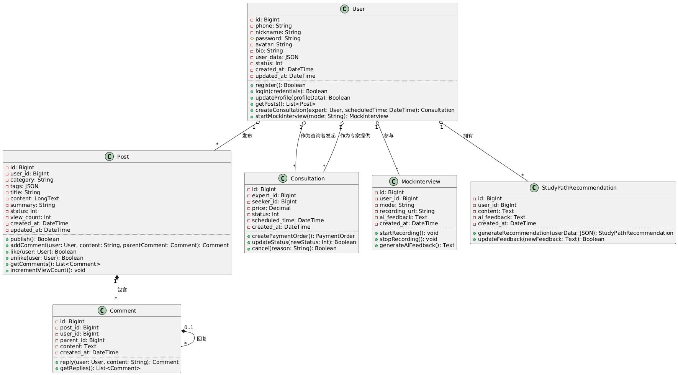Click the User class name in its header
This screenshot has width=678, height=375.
point(358,9)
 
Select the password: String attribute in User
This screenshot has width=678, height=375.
point(278,38)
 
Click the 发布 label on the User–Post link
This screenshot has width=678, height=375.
point(247,136)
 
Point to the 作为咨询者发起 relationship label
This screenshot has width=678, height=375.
point(318,136)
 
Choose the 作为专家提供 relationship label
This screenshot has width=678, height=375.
point(355,136)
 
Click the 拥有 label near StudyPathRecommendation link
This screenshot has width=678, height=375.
point(468,136)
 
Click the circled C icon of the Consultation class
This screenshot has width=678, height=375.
point(283,178)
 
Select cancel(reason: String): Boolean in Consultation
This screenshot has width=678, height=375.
point(294,248)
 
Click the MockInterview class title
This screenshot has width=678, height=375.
point(421,182)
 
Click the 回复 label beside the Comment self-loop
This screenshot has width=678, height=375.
point(201,339)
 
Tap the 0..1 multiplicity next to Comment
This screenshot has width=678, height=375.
point(189,327)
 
